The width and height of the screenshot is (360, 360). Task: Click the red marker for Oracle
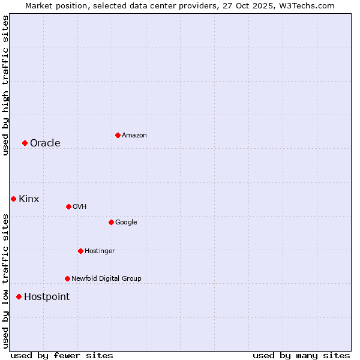point(25,143)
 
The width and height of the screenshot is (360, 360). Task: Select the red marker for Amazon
point(118,135)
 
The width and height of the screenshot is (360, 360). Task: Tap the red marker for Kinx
point(13,199)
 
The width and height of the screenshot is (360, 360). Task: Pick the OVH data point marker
point(68,206)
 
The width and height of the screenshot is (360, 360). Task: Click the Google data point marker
point(111,222)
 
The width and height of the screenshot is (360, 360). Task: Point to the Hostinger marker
point(80,251)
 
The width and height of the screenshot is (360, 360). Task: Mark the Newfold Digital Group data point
point(67,278)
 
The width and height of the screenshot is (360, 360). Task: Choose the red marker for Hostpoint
point(19,296)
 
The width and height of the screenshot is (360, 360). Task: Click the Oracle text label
point(45,143)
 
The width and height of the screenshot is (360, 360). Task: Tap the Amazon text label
point(134,135)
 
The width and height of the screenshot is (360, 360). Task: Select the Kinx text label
point(29,199)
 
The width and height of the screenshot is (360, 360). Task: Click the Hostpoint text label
point(47,296)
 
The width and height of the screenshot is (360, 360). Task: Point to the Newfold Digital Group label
point(106,278)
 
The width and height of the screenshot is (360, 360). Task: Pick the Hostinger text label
point(100,251)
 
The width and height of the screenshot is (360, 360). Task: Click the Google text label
point(126,222)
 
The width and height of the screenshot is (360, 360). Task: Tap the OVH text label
point(80,206)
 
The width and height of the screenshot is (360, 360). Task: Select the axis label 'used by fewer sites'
point(62,355)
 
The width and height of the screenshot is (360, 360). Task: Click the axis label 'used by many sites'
point(301,355)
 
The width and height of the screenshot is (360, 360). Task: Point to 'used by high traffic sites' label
point(5,85)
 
